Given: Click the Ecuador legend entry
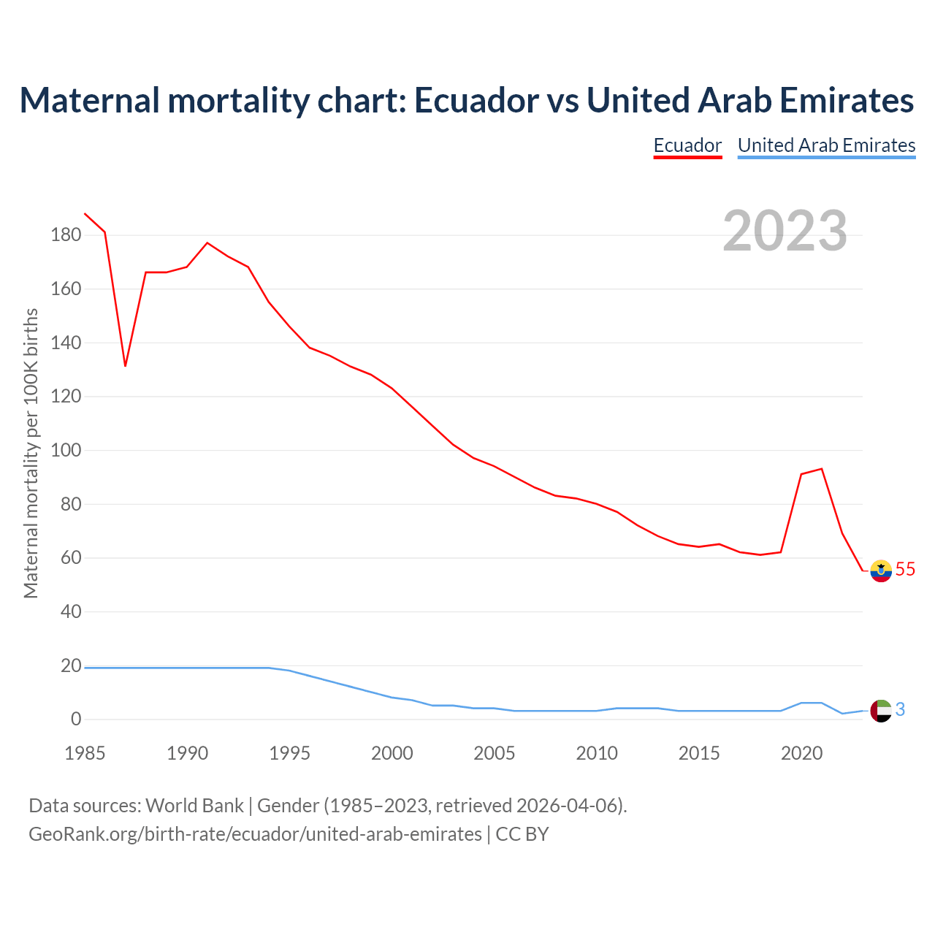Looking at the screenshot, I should (687, 145).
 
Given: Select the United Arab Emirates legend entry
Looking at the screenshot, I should (826, 145).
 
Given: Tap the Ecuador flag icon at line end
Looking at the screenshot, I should (881, 570).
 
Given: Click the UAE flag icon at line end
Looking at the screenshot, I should (881, 710).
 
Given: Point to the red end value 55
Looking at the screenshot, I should (905, 569).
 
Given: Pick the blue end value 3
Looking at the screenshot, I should (900, 709).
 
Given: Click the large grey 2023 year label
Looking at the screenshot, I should (785, 230).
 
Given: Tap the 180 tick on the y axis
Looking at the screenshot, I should (66, 235).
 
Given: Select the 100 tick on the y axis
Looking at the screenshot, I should (66, 450).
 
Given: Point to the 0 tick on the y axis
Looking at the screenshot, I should (76, 720).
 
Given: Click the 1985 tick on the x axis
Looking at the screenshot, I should (85, 753).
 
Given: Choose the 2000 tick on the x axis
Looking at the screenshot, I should (392, 753).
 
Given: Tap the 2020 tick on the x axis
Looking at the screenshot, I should (801, 753).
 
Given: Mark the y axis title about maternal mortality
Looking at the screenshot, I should (31, 453).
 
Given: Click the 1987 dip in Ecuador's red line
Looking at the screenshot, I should (126, 365).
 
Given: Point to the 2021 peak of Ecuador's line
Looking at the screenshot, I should (822, 469).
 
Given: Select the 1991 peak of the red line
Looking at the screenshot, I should (207, 243).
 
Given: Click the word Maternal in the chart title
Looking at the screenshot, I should (89, 100).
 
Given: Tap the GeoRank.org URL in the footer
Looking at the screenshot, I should (255, 834).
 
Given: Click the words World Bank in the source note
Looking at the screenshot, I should (194, 806).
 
